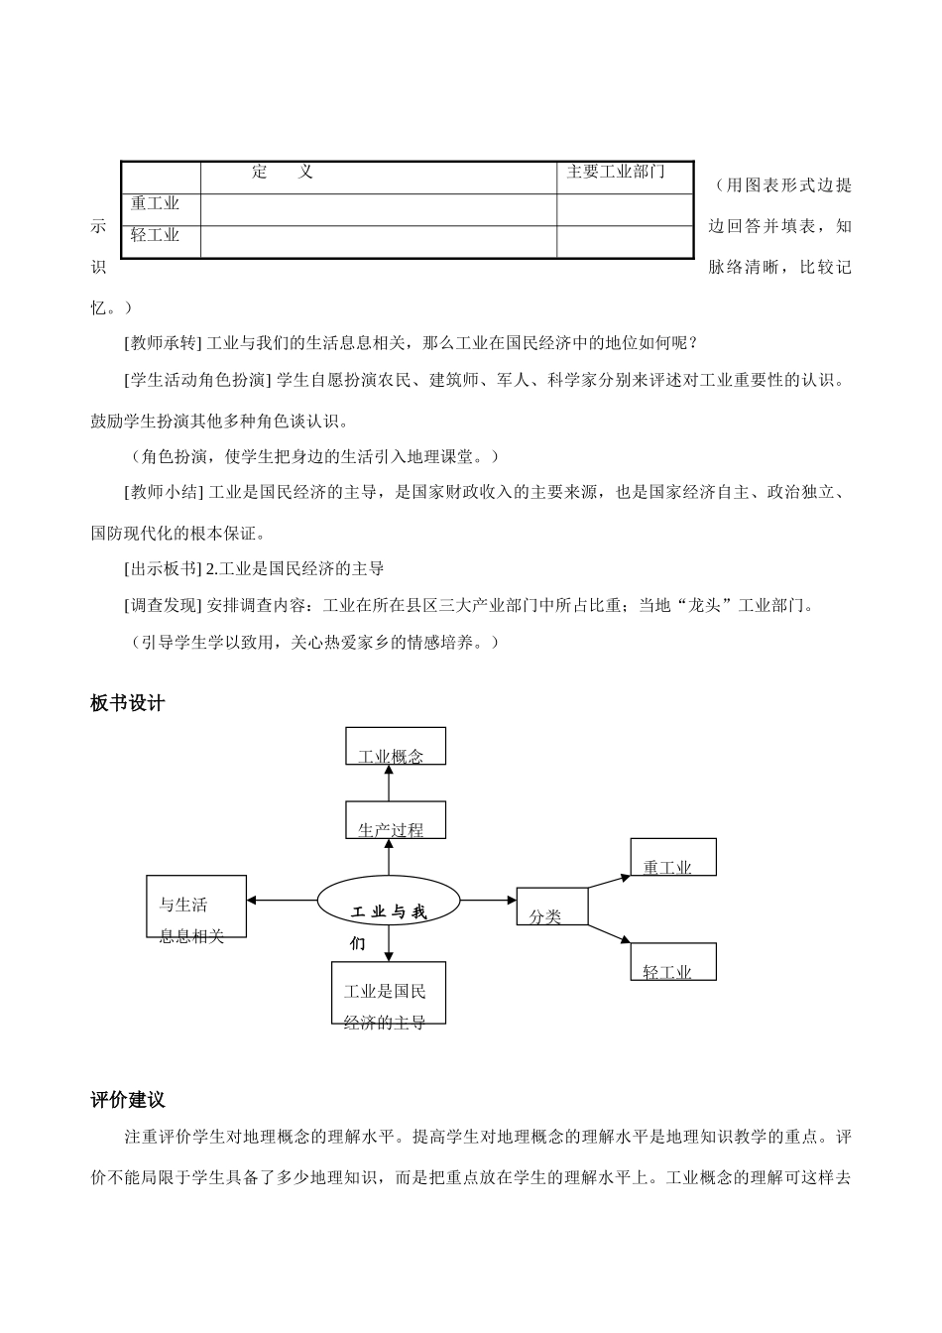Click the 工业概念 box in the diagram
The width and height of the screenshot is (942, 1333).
tap(396, 746)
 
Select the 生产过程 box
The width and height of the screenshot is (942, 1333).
tap(396, 820)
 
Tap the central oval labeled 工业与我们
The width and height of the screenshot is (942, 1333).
tap(389, 902)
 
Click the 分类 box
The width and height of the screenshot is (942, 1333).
tap(551, 907)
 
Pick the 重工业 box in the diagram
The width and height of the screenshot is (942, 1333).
tap(672, 857)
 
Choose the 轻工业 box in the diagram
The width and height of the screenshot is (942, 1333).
tap(672, 962)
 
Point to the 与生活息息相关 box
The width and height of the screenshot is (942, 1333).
tap(196, 907)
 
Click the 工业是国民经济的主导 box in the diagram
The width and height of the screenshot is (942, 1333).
tap(388, 993)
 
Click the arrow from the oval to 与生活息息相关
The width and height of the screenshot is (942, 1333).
tap(282, 901)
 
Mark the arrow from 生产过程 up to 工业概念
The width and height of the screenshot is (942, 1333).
tap(388, 783)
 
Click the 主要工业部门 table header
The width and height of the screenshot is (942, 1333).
tap(616, 173)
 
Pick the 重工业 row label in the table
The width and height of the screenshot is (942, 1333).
tap(156, 204)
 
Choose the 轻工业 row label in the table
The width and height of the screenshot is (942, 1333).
tap(156, 236)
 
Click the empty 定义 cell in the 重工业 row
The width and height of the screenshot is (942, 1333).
tap(378, 209)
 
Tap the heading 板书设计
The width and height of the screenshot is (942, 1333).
tap(128, 703)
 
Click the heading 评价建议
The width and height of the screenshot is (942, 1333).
tap(128, 1100)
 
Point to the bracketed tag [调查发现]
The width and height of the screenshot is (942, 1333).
tap(161, 605)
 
